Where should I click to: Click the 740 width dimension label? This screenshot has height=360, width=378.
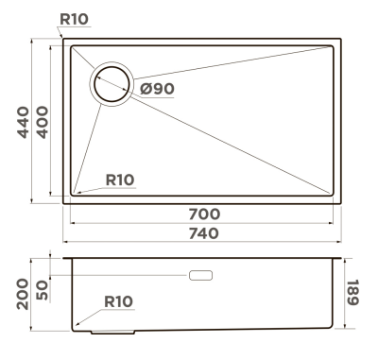pos(204,233)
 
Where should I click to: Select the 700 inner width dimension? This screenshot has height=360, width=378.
pos(204,214)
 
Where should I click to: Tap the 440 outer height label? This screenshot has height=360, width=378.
pos(23,123)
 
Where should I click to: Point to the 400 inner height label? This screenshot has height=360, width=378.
pos(43,123)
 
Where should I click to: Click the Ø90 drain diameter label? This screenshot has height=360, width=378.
pos(157,89)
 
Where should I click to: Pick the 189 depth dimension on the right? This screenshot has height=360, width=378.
pos(352,292)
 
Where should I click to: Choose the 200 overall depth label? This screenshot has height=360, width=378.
pos(23,294)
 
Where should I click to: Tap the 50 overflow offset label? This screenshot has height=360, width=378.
pos(43,290)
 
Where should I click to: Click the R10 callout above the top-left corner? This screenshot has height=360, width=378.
pos(74,19)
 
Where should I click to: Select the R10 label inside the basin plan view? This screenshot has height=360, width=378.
pos(120,180)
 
